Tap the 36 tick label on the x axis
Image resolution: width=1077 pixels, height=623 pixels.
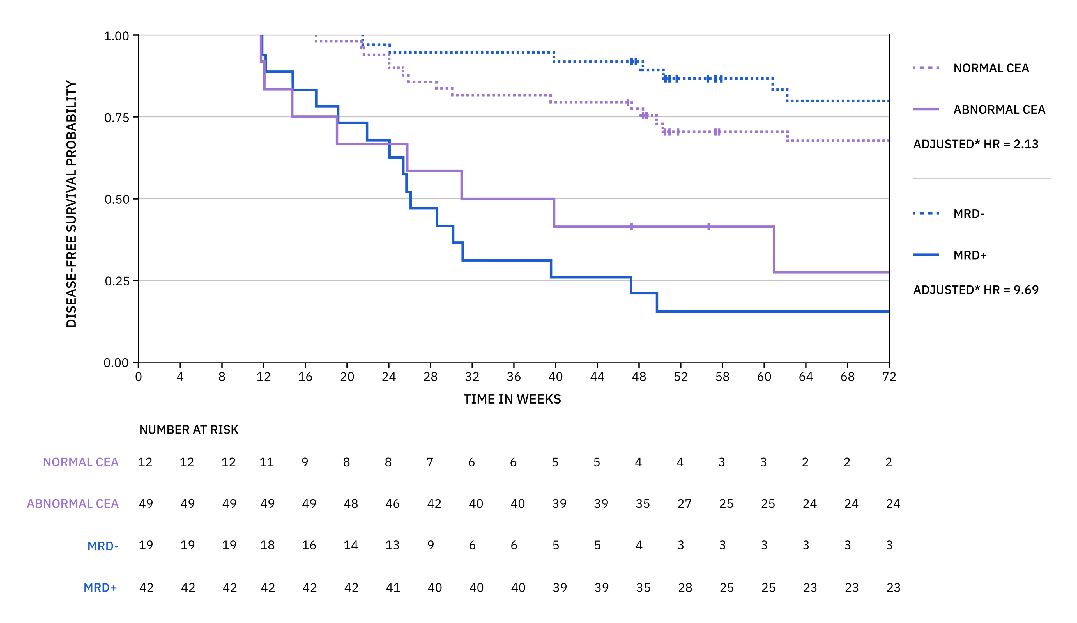click(x=514, y=377)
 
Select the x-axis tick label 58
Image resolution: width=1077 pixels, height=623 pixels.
click(x=722, y=377)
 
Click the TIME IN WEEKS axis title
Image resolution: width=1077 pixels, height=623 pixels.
click(x=512, y=399)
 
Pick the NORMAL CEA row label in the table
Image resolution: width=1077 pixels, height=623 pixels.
click(x=80, y=462)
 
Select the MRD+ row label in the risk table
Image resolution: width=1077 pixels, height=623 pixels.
click(x=100, y=588)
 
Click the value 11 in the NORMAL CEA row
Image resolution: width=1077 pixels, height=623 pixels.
click(x=267, y=462)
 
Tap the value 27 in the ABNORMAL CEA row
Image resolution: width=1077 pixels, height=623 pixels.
click(x=684, y=504)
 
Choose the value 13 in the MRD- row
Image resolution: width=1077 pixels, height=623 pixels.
click(x=392, y=545)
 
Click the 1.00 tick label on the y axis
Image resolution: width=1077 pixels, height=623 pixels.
click(x=116, y=36)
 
